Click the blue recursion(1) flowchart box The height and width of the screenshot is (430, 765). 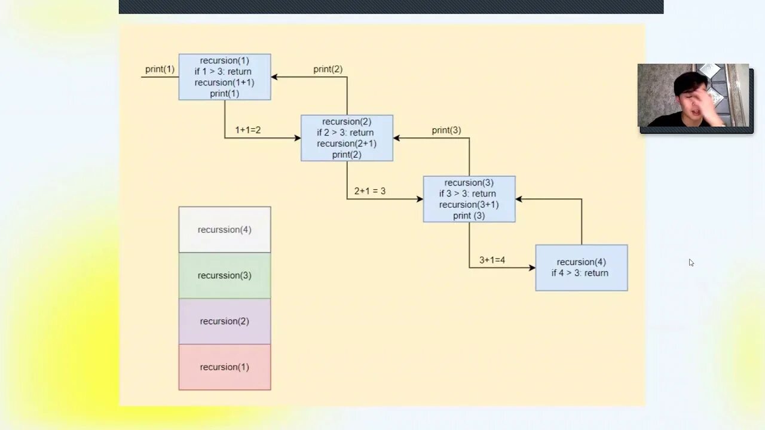click(x=225, y=77)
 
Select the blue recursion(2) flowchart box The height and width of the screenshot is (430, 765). click(x=347, y=138)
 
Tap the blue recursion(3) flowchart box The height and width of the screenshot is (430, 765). click(x=469, y=199)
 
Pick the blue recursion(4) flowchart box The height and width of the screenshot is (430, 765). click(x=581, y=268)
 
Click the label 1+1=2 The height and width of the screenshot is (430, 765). click(x=247, y=130)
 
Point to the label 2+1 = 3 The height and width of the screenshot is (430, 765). click(x=369, y=191)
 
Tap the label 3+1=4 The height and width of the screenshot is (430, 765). click(x=492, y=260)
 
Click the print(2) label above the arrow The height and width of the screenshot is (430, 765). click(x=328, y=69)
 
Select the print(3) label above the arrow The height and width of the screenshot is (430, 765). click(x=446, y=130)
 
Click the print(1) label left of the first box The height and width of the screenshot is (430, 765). click(x=160, y=69)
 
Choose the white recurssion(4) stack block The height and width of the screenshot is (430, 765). click(x=225, y=230)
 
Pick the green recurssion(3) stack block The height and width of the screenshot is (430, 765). click(x=225, y=275)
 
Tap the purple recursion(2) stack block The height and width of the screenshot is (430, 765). click(x=225, y=321)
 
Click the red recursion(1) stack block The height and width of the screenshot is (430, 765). click(x=225, y=367)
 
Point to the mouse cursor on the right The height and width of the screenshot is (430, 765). click(x=690, y=262)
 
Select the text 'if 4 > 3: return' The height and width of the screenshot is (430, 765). click(x=580, y=273)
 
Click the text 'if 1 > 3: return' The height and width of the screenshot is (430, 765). click(x=223, y=72)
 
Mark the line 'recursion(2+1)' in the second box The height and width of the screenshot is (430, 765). click(x=347, y=143)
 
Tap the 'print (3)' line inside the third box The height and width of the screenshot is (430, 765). click(x=469, y=216)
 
